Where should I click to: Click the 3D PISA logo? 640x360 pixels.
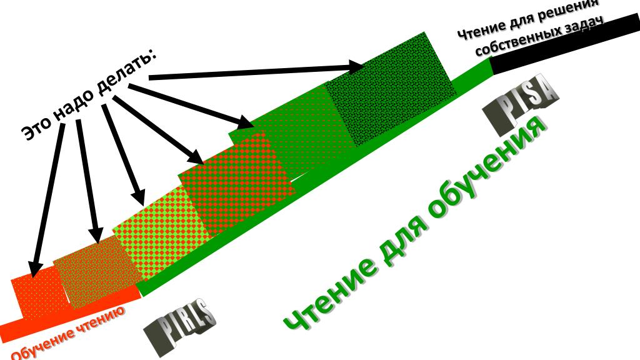pos(521,107)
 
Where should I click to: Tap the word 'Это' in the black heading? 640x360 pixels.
pos(36,127)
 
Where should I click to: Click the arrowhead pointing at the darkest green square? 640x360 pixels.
pos(356,66)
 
